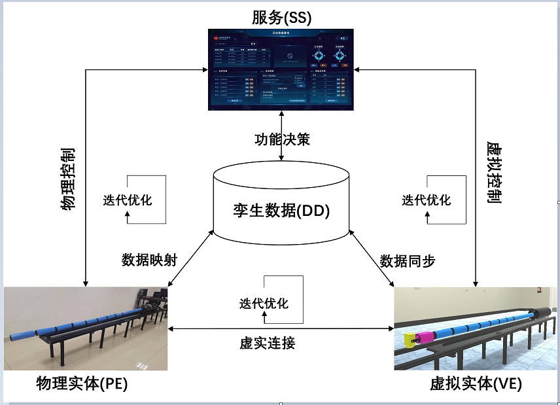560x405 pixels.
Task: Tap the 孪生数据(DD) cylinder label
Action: click(281, 211)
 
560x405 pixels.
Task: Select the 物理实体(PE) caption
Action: click(82, 384)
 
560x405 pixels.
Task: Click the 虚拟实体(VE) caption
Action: click(476, 384)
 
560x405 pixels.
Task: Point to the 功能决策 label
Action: click(281, 139)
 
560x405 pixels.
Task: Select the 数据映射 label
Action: click(150, 260)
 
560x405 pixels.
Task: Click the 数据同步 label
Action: click(408, 260)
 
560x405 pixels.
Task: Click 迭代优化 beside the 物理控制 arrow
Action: click(128, 200)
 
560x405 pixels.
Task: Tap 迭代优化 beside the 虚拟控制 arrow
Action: click(427, 200)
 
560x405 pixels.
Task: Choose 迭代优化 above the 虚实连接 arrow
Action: click(264, 304)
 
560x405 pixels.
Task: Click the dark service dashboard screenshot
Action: click(281, 69)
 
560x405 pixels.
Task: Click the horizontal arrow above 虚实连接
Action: click(281, 328)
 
